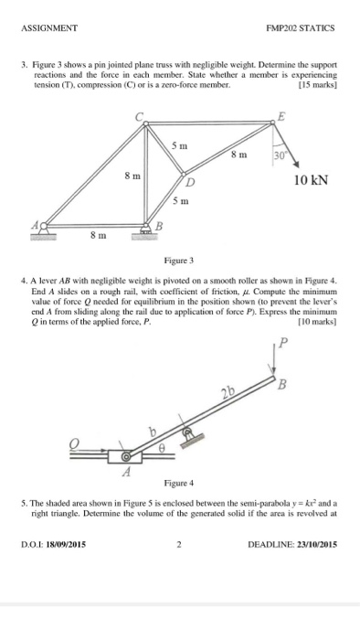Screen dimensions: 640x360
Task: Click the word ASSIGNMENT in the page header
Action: pyautogui.click(x=50, y=27)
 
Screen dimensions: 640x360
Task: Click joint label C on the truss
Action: pyautogui.click(x=140, y=115)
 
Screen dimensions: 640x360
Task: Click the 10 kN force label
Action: pyautogui.click(x=312, y=178)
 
